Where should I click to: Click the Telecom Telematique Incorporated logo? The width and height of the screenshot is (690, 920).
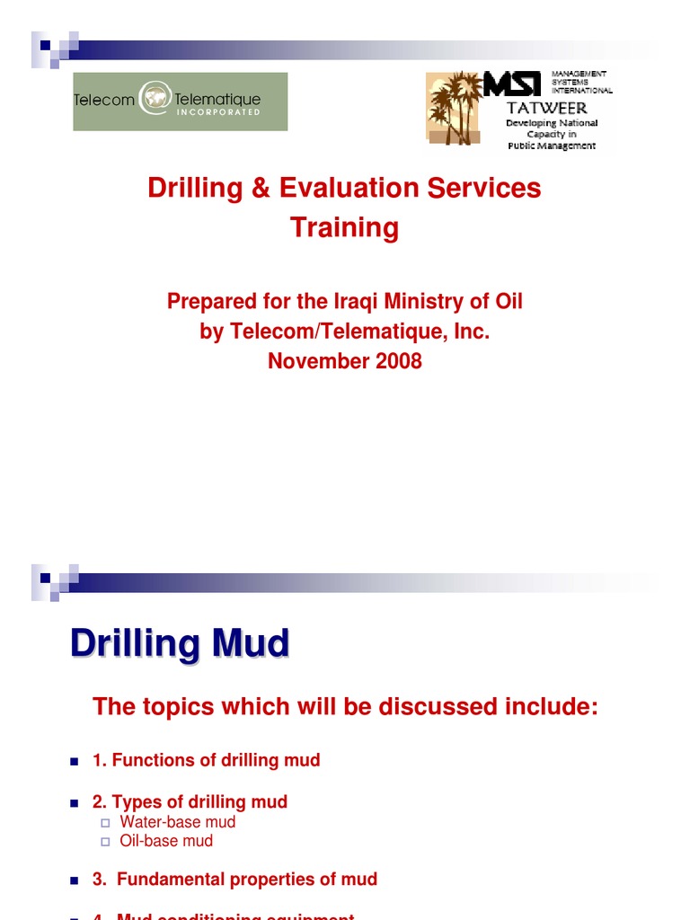click(x=180, y=102)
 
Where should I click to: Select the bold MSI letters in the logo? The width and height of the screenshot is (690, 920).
click(x=512, y=84)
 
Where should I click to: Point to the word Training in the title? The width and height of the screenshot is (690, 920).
click(x=344, y=227)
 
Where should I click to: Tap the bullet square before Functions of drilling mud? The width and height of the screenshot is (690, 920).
click(x=75, y=761)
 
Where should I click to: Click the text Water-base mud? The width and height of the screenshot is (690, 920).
click(x=178, y=822)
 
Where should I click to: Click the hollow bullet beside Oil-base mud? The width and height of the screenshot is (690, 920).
click(x=104, y=842)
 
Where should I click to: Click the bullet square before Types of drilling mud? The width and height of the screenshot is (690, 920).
click(x=75, y=802)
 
